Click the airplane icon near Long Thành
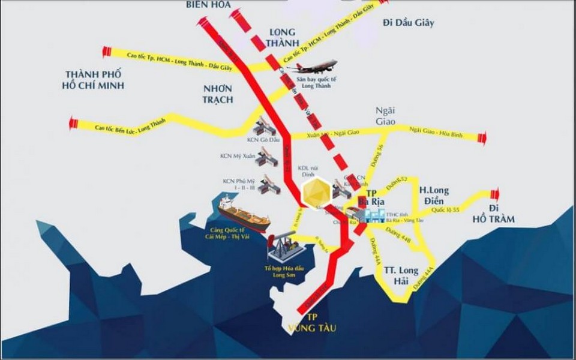pyautogui.click(x=312, y=66)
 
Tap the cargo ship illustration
pyautogui.click(x=243, y=214)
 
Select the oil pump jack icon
pyautogui.click(x=287, y=246)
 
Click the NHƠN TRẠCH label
pyautogui.click(x=218, y=94)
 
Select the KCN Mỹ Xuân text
pyautogui.click(x=238, y=156)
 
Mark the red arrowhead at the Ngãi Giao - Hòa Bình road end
pyautogui.click(x=482, y=138)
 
